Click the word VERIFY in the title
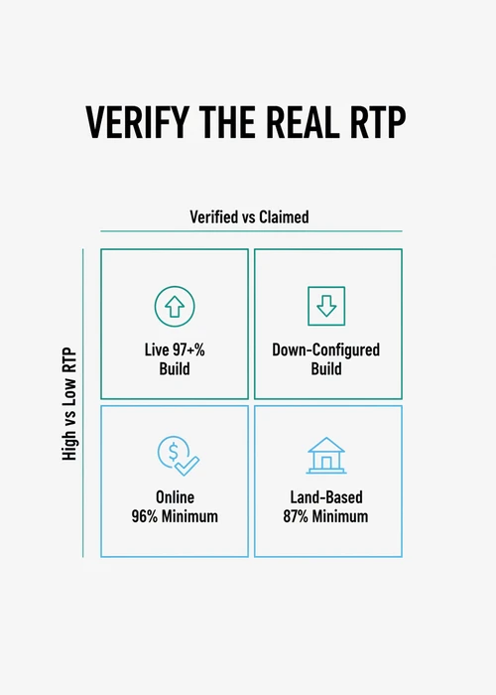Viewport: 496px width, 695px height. click(x=137, y=122)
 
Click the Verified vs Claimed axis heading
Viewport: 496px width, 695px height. click(x=249, y=216)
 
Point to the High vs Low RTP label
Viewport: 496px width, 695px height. click(x=69, y=404)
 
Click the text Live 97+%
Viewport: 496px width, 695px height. click(x=175, y=349)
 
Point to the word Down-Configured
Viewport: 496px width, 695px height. click(x=326, y=350)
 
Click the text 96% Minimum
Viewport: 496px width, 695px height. click(x=175, y=516)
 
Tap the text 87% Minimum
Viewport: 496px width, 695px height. click(x=326, y=516)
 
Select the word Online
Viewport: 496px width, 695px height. click(x=175, y=497)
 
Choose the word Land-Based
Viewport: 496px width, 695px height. click(x=326, y=497)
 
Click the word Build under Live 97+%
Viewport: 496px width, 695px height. click(x=175, y=368)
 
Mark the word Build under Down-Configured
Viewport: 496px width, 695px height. click(x=326, y=368)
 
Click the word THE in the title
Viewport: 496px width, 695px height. click(x=227, y=122)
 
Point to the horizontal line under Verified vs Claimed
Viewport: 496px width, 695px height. click(x=251, y=231)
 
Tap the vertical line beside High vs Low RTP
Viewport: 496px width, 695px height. click(x=82, y=403)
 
